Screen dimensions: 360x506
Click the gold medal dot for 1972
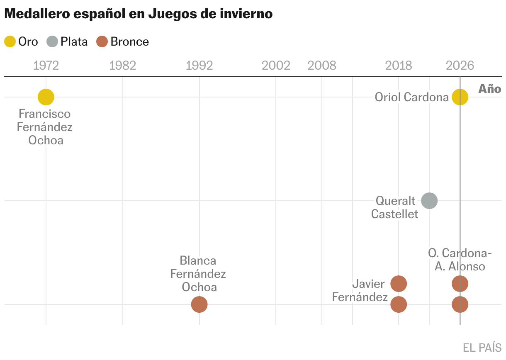pyautogui.click(x=46, y=97)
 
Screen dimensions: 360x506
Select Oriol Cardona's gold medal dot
pyautogui.click(x=460, y=97)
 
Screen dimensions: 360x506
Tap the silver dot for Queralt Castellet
pyautogui.click(x=429, y=201)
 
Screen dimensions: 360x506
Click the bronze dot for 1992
pyautogui.click(x=199, y=304)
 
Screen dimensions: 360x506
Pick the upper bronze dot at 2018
pyautogui.click(x=399, y=284)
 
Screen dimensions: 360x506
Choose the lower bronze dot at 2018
pyautogui.click(x=399, y=304)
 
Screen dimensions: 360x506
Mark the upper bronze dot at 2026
pyautogui.click(x=460, y=284)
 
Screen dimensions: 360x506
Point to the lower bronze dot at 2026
pyautogui.click(x=460, y=304)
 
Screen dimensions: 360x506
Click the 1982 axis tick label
pyautogui.click(x=123, y=66)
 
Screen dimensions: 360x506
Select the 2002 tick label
pyautogui.click(x=276, y=66)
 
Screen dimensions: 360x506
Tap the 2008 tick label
pyautogui.click(x=322, y=66)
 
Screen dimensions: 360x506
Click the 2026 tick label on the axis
pyautogui.click(x=460, y=66)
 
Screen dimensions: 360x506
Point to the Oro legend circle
pyautogui.click(x=10, y=41)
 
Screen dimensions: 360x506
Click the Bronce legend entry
pyautogui.click(x=122, y=41)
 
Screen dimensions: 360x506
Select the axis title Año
pyautogui.click(x=490, y=89)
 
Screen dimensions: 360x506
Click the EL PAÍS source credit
pyautogui.click(x=482, y=347)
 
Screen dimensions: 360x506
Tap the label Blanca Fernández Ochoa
pyautogui.click(x=199, y=274)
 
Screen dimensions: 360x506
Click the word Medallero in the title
pyautogui.click(x=37, y=14)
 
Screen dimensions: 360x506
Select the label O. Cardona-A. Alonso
pyautogui.click(x=460, y=259)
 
